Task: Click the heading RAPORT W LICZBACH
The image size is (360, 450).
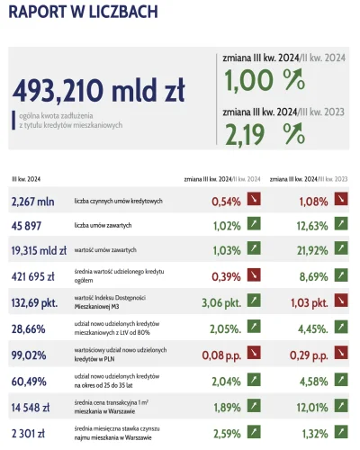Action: [x=84, y=12]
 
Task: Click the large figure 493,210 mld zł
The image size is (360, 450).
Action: [x=99, y=91]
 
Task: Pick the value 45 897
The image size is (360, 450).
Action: [x=32, y=226]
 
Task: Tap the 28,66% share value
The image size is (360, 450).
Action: [x=31, y=331]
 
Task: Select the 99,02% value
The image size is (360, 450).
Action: [x=31, y=356]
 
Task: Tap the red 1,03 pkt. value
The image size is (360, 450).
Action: [x=308, y=300]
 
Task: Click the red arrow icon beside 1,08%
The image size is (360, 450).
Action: [x=341, y=201]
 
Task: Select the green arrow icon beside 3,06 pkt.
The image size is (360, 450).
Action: [x=255, y=300]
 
